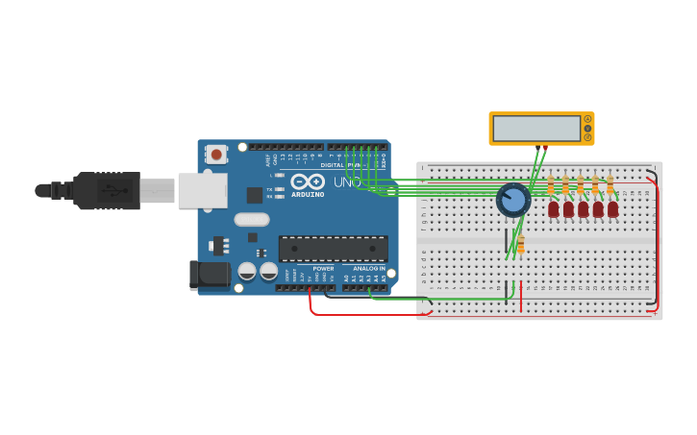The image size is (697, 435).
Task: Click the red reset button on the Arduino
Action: [x=217, y=154]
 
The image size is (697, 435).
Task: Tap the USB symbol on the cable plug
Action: [x=113, y=190]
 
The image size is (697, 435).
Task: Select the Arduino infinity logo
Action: [x=308, y=181]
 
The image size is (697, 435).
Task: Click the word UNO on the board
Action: [x=347, y=182]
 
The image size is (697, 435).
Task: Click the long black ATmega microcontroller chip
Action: [x=334, y=249]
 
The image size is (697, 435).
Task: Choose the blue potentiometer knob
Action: [x=513, y=200]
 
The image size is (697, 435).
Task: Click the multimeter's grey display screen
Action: [x=535, y=128]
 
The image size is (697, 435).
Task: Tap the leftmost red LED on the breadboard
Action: [x=554, y=208]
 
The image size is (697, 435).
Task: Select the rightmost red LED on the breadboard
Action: [x=612, y=208]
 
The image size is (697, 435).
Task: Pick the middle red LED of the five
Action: [x=583, y=208]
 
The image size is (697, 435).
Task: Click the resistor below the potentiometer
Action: [x=520, y=245]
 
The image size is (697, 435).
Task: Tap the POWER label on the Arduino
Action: [x=323, y=269]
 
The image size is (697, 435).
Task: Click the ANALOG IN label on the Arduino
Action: [x=369, y=269]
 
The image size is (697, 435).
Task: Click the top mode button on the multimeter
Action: [x=587, y=119]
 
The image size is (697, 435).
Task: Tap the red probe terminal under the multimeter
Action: [x=546, y=147]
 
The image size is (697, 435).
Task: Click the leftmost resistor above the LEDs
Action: [x=551, y=184]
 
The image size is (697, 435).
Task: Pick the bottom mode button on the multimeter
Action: [x=587, y=137]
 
